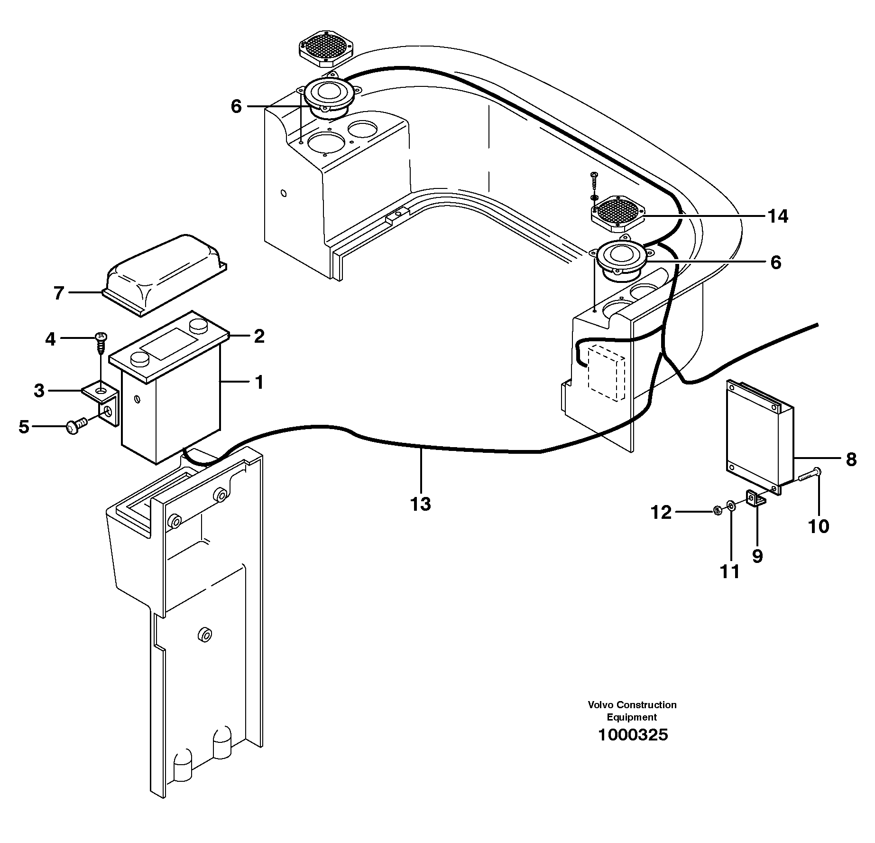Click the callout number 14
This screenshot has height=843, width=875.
point(777,216)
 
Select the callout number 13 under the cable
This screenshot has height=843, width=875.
point(420,504)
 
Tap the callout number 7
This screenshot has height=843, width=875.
point(58,293)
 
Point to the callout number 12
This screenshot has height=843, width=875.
point(661,513)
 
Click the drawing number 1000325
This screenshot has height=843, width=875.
point(632,735)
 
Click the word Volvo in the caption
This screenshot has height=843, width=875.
point(601,705)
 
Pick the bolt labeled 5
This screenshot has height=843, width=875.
point(76,427)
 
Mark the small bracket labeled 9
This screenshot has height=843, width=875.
point(756,499)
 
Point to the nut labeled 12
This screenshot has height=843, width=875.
point(718,511)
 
